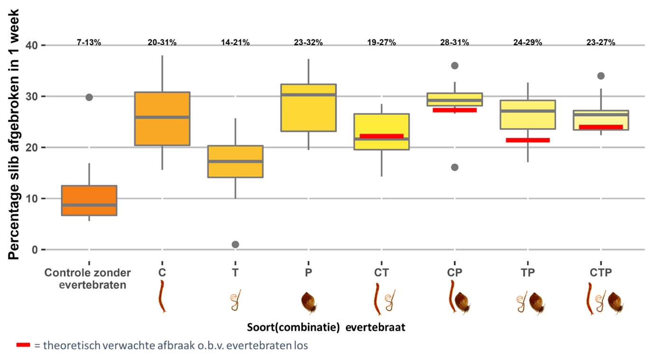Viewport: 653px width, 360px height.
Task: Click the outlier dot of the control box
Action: (x=89, y=97)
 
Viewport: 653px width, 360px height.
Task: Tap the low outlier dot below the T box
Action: (x=235, y=244)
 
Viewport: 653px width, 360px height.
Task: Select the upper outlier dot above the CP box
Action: (x=454, y=65)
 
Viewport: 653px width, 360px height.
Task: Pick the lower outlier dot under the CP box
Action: (x=454, y=167)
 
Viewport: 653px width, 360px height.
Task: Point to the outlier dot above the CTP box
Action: (x=601, y=76)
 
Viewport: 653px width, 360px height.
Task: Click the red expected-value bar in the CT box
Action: (x=381, y=136)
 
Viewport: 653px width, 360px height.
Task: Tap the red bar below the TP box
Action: (x=528, y=140)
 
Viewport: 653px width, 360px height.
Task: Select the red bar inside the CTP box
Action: (x=601, y=127)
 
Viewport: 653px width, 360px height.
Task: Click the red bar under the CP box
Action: (x=454, y=110)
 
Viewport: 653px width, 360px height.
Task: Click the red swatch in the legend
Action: (x=23, y=345)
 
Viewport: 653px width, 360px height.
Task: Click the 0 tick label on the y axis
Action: (x=35, y=250)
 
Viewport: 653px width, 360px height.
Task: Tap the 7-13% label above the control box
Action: (x=89, y=43)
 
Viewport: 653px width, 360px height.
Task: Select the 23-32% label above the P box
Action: (x=308, y=43)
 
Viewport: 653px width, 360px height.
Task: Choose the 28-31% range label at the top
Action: (x=454, y=43)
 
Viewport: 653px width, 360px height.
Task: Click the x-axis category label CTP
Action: (x=601, y=273)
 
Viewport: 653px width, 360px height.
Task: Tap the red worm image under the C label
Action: (x=162, y=296)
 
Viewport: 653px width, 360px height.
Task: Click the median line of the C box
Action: (x=162, y=117)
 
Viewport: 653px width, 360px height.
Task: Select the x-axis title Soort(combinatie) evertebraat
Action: (x=326, y=327)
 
